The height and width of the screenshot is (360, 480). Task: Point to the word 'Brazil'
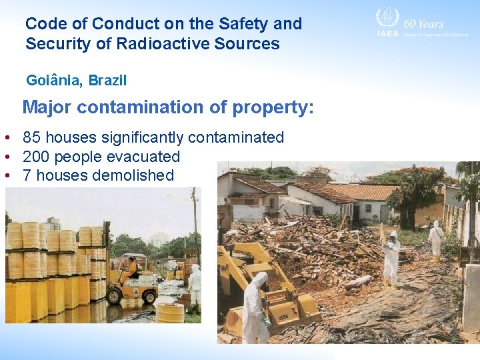pos(107,81)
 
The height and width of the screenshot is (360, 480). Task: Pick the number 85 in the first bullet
pos(31,138)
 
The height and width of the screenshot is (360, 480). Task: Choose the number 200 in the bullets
pos(36,157)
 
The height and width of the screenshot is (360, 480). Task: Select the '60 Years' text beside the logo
pos(423,24)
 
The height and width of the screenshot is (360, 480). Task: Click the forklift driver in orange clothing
pos(134,267)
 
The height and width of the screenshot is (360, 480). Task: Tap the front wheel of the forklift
pos(148,295)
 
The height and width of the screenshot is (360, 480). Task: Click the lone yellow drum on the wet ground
pos(170,313)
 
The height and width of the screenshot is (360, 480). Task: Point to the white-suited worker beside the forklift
pos(194,283)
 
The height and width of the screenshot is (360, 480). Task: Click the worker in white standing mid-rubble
pos(391,257)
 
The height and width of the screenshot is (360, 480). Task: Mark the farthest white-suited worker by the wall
pos(437,238)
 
